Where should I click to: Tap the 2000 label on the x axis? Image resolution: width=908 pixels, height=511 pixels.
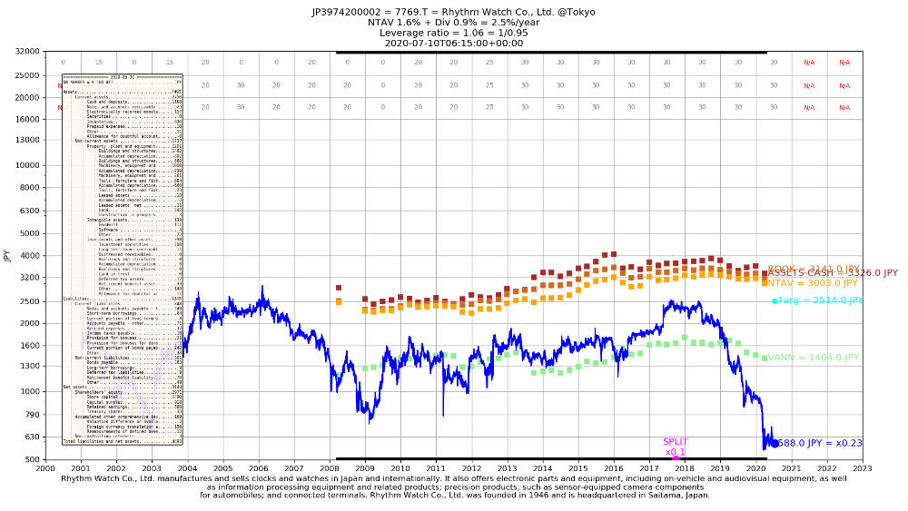[x=45, y=468]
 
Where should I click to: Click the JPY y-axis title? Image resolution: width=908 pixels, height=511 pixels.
[x=7, y=256]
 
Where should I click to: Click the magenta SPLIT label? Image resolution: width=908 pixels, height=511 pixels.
[x=676, y=442]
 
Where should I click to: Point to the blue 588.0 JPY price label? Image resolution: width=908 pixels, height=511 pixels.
[x=820, y=443]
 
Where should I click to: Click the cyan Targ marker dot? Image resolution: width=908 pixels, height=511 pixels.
[x=775, y=300]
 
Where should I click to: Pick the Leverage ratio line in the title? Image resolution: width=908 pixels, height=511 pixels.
[x=453, y=33]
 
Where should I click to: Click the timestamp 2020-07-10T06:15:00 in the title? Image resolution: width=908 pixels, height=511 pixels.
[x=453, y=43]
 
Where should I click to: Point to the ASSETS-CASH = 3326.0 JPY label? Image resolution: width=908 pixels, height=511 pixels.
[x=833, y=273]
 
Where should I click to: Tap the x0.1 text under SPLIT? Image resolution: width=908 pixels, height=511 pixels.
[x=676, y=452]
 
